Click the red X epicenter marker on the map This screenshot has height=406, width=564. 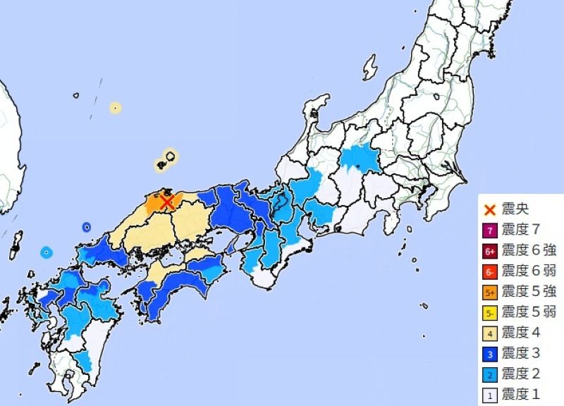coord(167,203)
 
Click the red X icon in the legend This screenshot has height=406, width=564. coord(490,209)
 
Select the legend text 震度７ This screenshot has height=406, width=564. coord(522,230)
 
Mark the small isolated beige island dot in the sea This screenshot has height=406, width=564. coord(115,109)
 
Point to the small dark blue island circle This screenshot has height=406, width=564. coord(86,227)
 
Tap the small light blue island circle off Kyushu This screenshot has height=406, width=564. coord(46,252)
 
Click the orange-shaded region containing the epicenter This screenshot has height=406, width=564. coord(157,204)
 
